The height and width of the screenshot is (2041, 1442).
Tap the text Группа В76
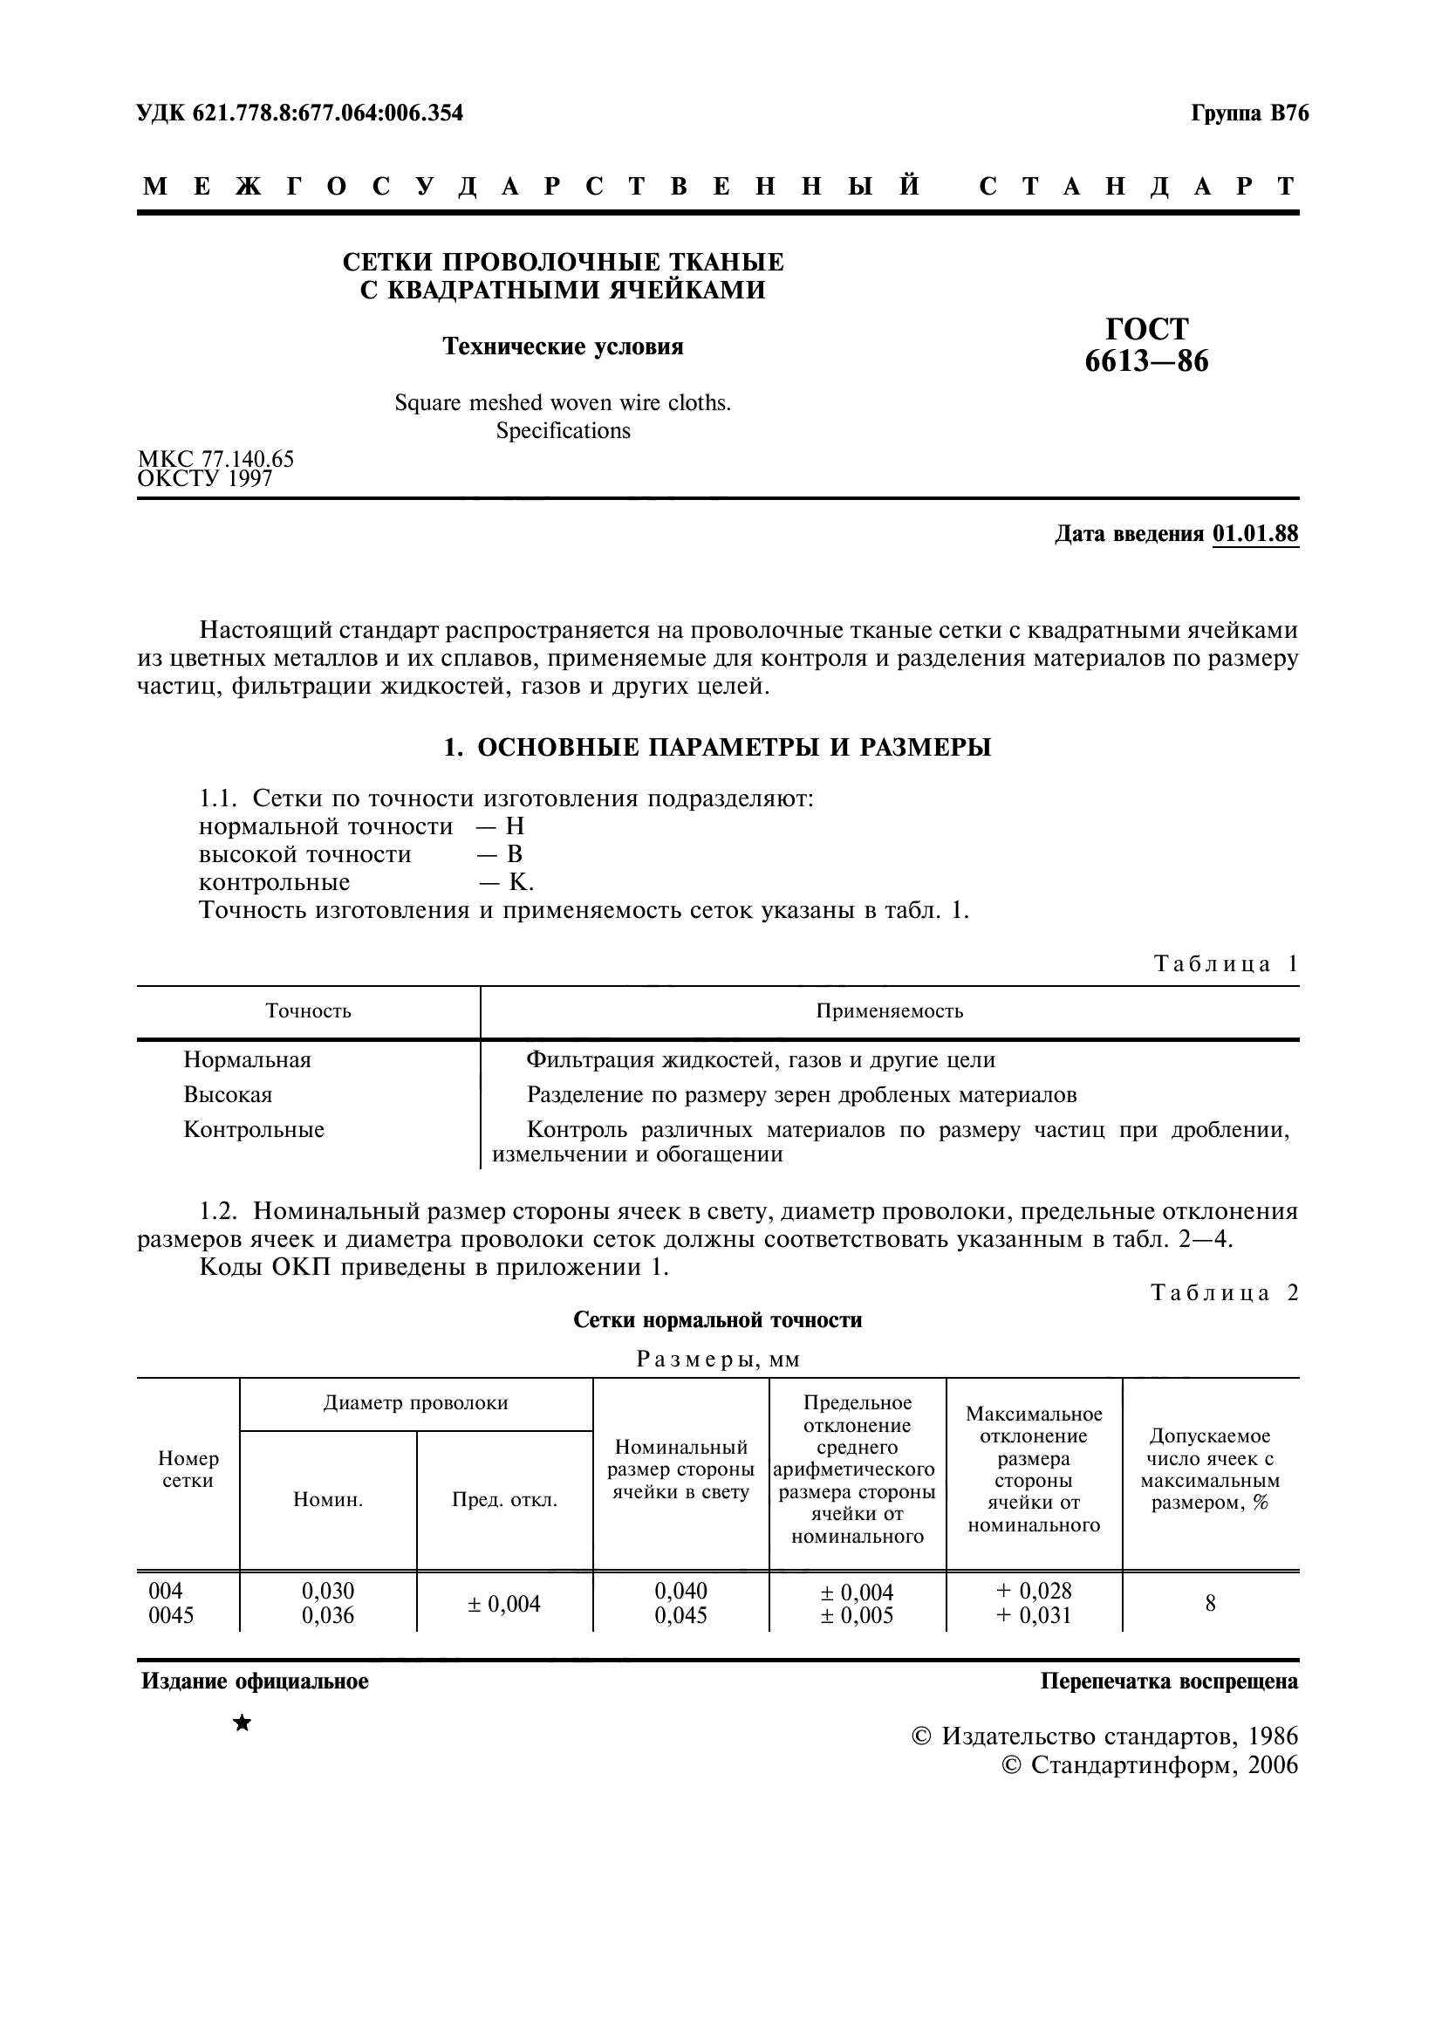pyautogui.click(x=1249, y=113)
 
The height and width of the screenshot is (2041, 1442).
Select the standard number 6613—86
pyautogui.click(x=1146, y=362)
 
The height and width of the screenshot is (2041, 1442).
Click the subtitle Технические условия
pyautogui.click(x=563, y=346)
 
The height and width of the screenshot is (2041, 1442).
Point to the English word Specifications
pyautogui.click(x=563, y=431)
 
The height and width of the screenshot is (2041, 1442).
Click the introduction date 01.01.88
pyautogui.click(x=1254, y=533)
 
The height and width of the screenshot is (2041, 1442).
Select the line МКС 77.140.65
pyautogui.click(x=215, y=459)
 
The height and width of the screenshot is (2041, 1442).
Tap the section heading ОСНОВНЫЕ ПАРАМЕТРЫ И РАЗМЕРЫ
pyautogui.click(x=733, y=748)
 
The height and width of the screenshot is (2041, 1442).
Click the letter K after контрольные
pyautogui.click(x=518, y=883)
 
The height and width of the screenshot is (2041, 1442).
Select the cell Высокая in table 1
pyautogui.click(x=228, y=1094)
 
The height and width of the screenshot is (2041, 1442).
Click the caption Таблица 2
pyautogui.click(x=1224, y=1292)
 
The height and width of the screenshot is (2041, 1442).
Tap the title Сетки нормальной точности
pyautogui.click(x=717, y=1320)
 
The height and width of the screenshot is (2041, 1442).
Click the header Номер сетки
pyautogui.click(x=188, y=1469)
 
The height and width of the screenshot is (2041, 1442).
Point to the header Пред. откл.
pyautogui.click(x=503, y=1501)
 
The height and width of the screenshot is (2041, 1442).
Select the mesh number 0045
pyautogui.click(x=171, y=1615)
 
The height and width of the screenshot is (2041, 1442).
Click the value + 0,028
pyautogui.click(x=1033, y=1591)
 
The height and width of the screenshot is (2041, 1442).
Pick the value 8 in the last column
pyautogui.click(x=1209, y=1604)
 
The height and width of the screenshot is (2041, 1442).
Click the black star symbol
pyautogui.click(x=242, y=1723)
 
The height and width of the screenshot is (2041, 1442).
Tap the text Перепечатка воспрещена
pyautogui.click(x=1168, y=1681)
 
